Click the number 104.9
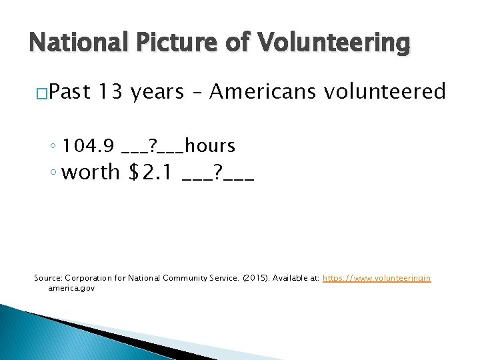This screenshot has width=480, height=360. (90, 145)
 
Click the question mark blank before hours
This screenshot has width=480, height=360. (153, 146)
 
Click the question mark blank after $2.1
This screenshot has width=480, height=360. (217, 173)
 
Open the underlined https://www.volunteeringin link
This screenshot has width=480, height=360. (377, 277)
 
